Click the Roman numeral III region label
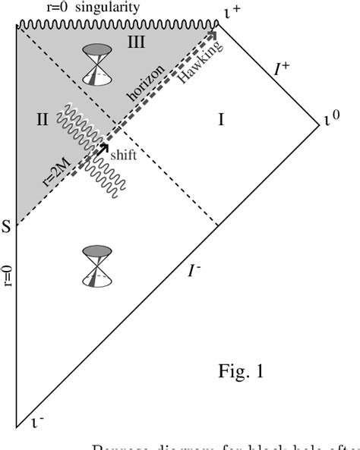136,43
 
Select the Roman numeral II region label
42,118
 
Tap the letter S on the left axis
7,225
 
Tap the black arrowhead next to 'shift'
104,146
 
